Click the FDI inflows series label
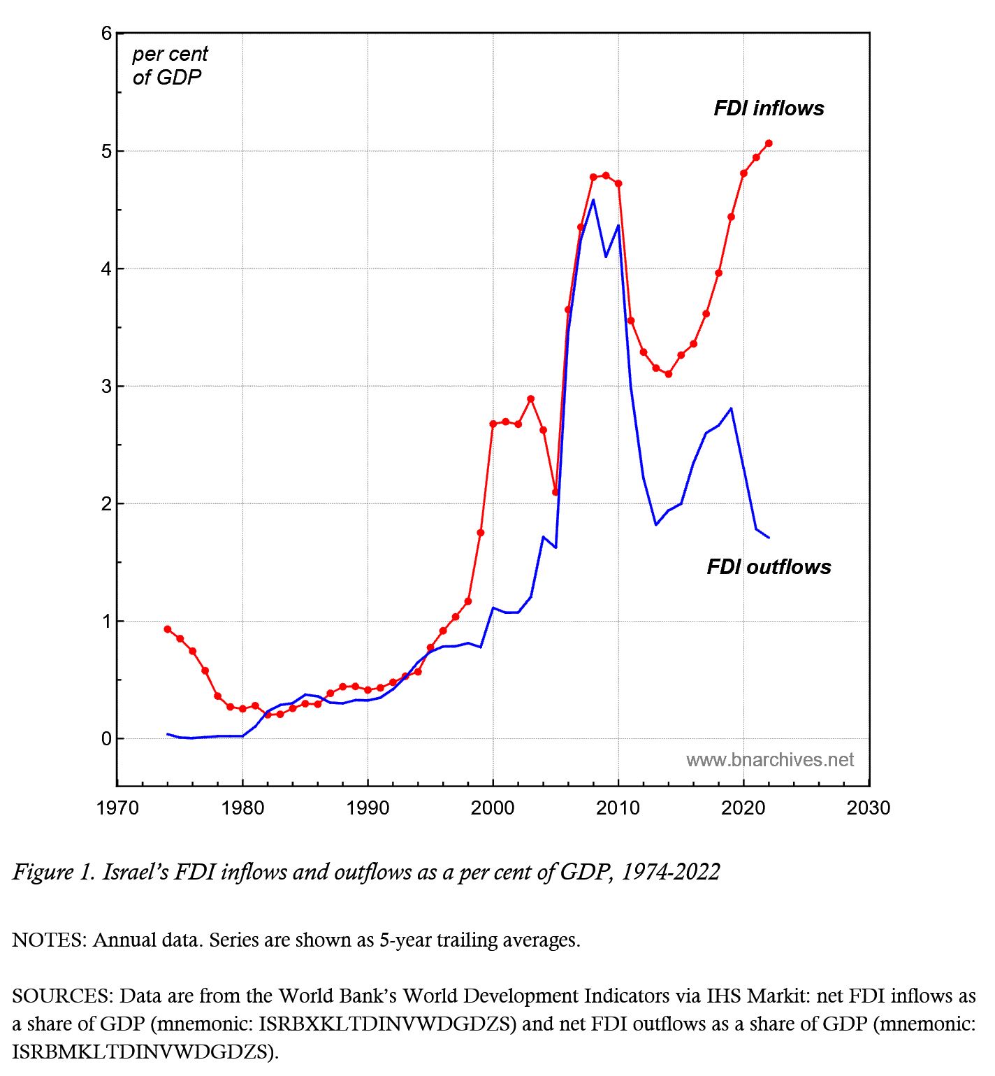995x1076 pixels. click(x=769, y=108)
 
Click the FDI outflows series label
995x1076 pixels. click(x=769, y=566)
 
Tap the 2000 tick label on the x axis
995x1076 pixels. click(x=493, y=808)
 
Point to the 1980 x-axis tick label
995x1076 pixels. click(x=242, y=808)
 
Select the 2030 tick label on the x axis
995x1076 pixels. click(x=869, y=808)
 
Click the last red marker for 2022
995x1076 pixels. click(x=769, y=143)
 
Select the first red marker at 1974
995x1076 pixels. click(x=167, y=629)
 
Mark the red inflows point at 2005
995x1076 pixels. click(x=555, y=492)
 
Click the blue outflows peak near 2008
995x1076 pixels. click(x=593, y=200)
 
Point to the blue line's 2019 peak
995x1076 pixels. click(x=731, y=408)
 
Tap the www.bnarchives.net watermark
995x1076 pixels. click(x=769, y=760)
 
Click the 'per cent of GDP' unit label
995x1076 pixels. click(x=169, y=65)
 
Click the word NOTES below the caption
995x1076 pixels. click(x=48, y=940)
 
